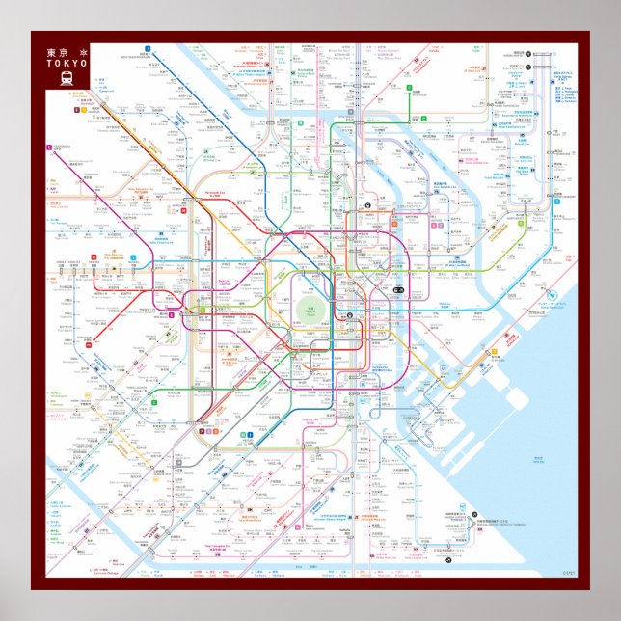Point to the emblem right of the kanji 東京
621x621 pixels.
[x=83, y=52]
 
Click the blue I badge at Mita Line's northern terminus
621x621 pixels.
[x=148, y=47]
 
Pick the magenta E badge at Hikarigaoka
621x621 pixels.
[x=47, y=147]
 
